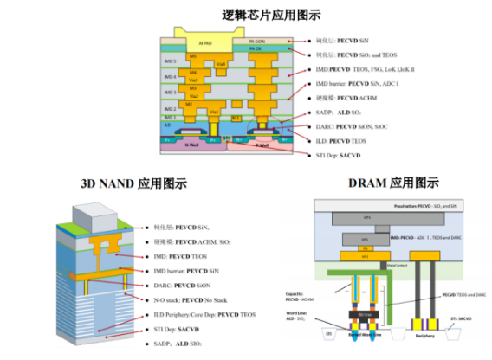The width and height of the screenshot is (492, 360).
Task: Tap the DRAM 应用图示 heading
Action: (393, 183)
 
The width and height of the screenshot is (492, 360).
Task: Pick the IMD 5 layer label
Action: (170, 61)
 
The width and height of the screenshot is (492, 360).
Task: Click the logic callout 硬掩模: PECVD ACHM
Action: (347, 97)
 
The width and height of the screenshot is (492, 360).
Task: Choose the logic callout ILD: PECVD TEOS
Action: (345, 139)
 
